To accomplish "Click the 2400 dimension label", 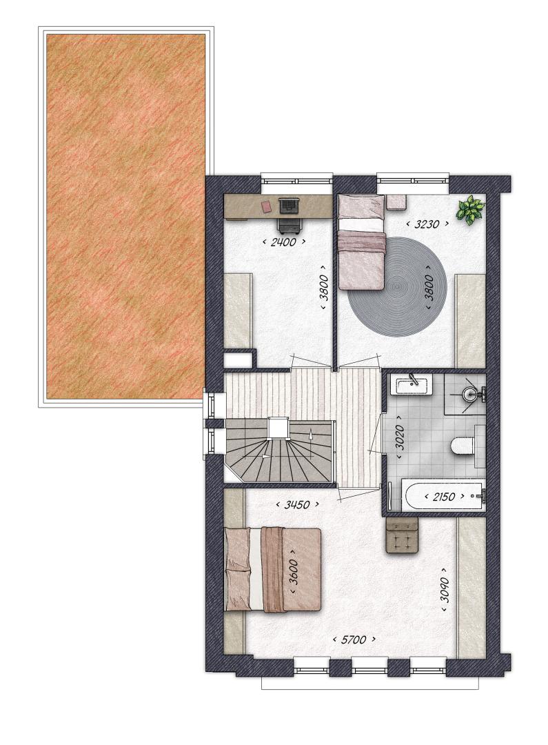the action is tap(283, 242).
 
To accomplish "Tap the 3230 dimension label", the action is tap(427, 223).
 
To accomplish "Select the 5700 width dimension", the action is tap(354, 639).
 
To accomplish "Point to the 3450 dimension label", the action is tap(297, 504).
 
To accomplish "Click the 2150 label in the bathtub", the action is tap(443, 497).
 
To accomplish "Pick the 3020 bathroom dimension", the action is tap(399, 437).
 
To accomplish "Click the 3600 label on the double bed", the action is tap(294, 572).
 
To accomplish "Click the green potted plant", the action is tap(470, 210).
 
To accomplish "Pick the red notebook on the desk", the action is tap(266, 206).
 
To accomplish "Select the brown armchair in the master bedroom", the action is tap(402, 535).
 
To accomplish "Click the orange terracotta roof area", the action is tap(125, 217).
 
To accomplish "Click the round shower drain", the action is tap(468, 393).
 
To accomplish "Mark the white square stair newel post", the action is tap(278, 428).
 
